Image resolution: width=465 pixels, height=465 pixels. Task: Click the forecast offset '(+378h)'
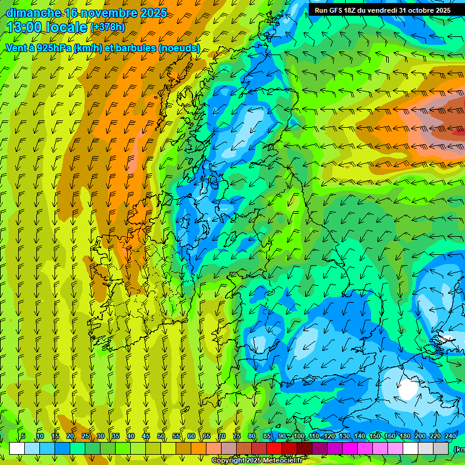pos(107,27)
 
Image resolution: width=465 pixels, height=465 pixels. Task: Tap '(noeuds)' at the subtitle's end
pos(179,48)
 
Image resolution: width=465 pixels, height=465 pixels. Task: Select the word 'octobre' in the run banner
pos(417,10)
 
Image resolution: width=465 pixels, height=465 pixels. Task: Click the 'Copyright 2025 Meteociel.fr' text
pos(257,461)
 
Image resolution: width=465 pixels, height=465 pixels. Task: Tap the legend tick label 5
pos(23,436)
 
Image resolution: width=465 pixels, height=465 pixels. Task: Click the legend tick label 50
pos(161,436)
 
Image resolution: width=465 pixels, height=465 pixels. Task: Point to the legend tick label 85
pos(267,436)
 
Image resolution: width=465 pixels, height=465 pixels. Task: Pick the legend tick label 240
pos(450,436)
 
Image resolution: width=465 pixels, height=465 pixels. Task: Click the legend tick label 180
pos(404,436)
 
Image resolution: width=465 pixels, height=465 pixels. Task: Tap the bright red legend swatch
pos(274,448)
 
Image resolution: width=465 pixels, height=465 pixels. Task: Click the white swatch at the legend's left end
pos(17,448)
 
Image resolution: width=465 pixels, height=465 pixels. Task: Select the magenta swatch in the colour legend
pos(350,448)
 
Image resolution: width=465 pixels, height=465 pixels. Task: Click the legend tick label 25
pos(85,436)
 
